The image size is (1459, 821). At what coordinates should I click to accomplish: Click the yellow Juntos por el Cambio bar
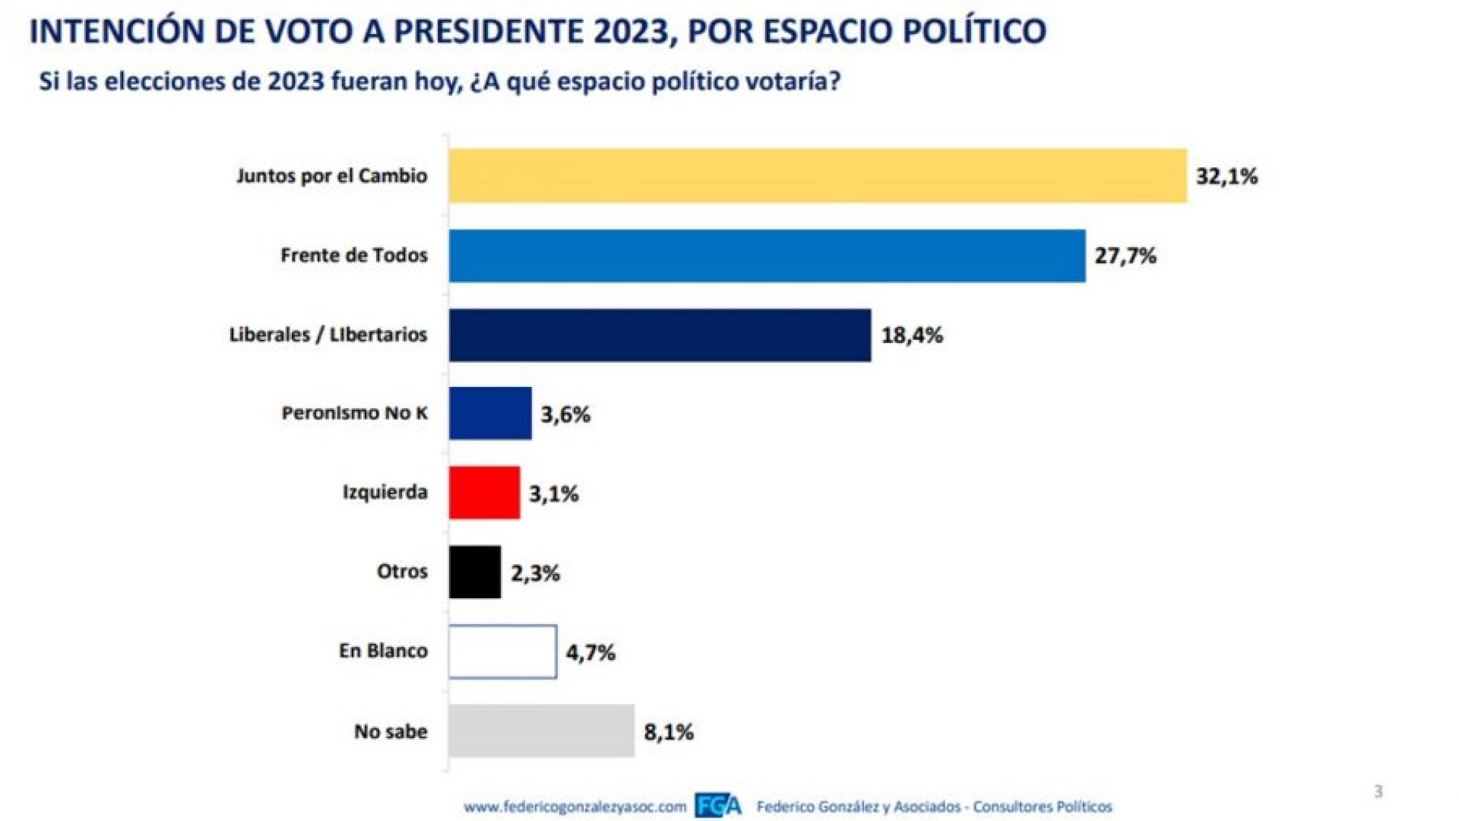click(x=817, y=176)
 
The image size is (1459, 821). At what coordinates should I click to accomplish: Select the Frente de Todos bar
click(x=767, y=255)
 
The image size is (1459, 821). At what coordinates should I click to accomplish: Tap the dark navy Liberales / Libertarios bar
click(x=660, y=334)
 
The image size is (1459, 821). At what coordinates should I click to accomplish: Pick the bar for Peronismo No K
click(x=490, y=414)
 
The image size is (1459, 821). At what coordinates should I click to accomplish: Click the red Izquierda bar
click(x=484, y=493)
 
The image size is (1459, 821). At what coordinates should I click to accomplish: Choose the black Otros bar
click(x=475, y=572)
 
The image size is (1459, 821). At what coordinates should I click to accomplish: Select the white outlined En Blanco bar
click(x=502, y=651)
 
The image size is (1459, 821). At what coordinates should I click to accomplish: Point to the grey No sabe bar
click(x=541, y=731)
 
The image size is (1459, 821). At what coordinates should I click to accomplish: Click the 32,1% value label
click(x=1226, y=176)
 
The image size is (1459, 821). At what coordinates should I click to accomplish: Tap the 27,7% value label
click(x=1125, y=255)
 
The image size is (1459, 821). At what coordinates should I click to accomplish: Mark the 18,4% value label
click(x=911, y=335)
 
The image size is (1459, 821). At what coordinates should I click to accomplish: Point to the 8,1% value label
click(x=668, y=732)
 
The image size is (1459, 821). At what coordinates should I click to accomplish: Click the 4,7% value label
click(x=590, y=652)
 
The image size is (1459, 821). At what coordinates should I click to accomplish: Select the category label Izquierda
click(x=385, y=492)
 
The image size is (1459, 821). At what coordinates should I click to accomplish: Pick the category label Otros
click(x=402, y=571)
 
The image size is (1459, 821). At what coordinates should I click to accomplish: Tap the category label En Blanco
click(x=383, y=651)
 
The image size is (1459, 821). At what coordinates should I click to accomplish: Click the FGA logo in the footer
click(x=717, y=806)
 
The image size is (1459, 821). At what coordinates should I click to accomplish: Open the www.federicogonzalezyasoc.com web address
click(x=574, y=807)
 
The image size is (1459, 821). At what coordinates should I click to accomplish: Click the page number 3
click(x=1378, y=791)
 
